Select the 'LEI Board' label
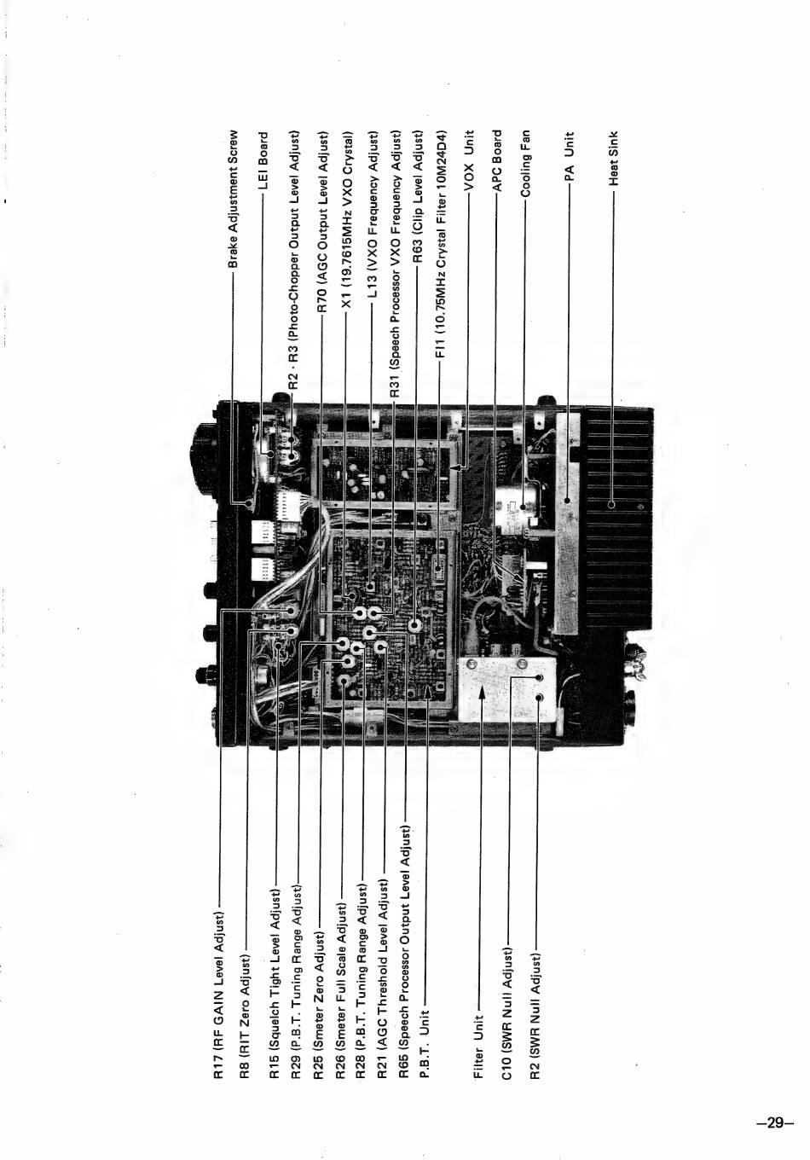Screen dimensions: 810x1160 tap(263, 160)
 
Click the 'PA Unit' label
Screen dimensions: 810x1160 tap(570, 155)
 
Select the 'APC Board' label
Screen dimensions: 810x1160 tap(497, 161)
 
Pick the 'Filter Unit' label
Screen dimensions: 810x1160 tap(478, 1046)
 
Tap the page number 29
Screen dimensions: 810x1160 tap(775, 1122)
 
